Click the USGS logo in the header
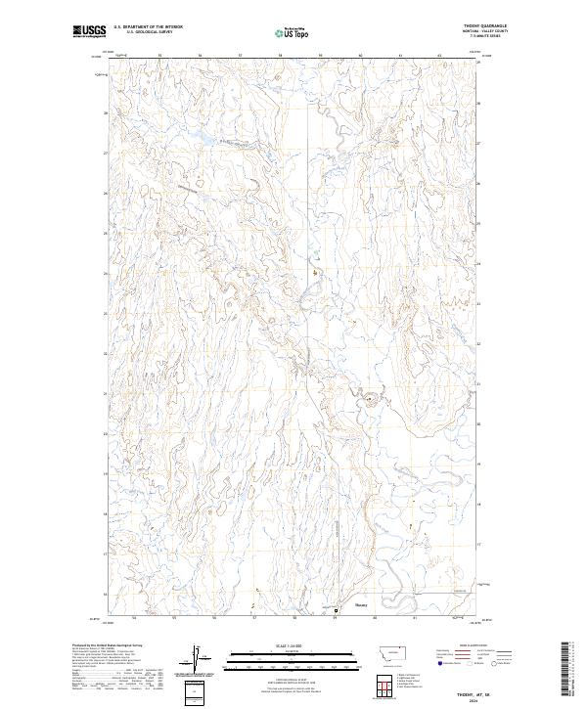pos(90,31)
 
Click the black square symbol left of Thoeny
pos(337,612)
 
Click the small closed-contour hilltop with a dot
pos(371,397)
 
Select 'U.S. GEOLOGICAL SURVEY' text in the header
pos(147,32)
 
